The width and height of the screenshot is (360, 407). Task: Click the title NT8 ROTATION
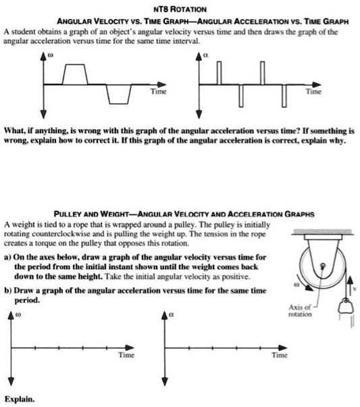point(179,7)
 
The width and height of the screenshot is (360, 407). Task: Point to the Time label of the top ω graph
point(156,89)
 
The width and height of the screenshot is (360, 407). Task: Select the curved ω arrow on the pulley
point(310,286)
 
